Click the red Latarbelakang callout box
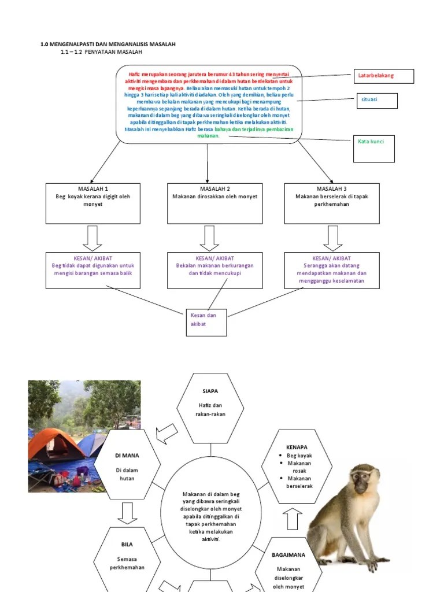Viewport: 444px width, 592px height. tap(384, 76)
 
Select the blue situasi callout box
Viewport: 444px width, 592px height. tap(376, 101)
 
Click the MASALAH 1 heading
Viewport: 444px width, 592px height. tap(93, 189)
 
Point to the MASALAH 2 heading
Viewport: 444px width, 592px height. tap(214, 189)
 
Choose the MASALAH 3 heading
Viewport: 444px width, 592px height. tap(332, 189)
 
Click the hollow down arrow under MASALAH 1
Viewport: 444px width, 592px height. tap(92, 238)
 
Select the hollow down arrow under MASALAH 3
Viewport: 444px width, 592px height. tap(332, 238)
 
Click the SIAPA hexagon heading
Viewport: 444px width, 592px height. tap(210, 391)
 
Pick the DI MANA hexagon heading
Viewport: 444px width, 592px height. tap(127, 455)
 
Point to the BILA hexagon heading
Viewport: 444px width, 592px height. tap(127, 545)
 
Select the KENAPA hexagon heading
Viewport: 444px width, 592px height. tap(297, 447)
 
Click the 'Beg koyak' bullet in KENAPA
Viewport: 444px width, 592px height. tap(299, 456)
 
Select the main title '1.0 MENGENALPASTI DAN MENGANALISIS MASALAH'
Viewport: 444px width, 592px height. tap(108, 45)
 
